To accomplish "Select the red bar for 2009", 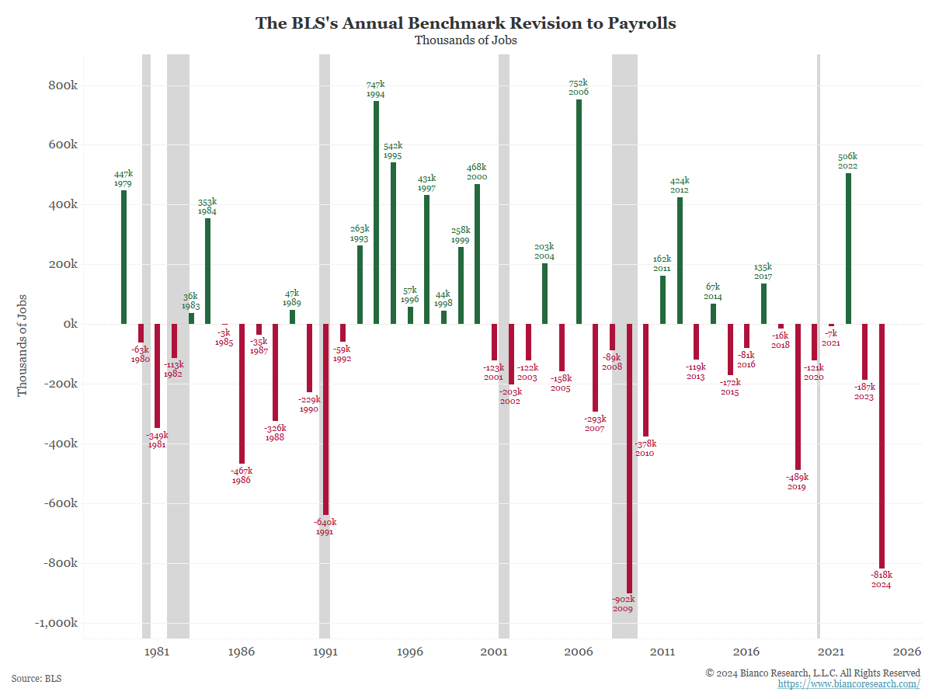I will (x=629, y=458).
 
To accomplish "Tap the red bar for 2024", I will (x=882, y=446).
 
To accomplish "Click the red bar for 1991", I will (x=325, y=419).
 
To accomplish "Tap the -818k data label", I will (x=882, y=575).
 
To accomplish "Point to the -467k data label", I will (x=242, y=471).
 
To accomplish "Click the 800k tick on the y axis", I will (x=61, y=85).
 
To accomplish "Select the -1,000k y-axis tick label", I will (x=56, y=623).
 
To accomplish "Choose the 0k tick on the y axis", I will (x=68, y=324).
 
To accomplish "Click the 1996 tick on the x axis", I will (x=410, y=652).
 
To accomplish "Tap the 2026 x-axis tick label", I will (x=907, y=652).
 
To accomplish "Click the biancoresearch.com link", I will (x=849, y=684).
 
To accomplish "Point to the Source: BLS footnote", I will (x=37, y=679).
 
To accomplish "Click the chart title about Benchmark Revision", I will (x=466, y=23).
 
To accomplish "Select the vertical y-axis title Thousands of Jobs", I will (x=23, y=345).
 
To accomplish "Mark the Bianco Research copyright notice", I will (x=812, y=673).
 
